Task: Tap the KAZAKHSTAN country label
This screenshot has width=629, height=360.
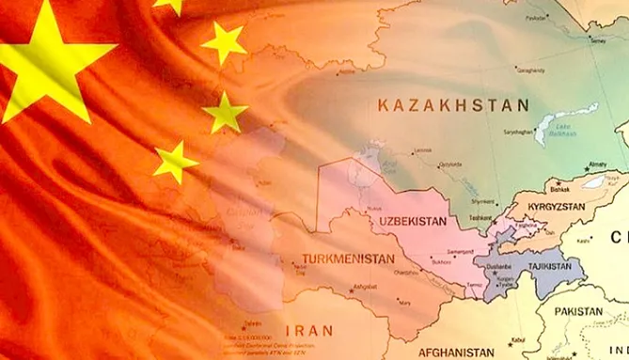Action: pos(451,105)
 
